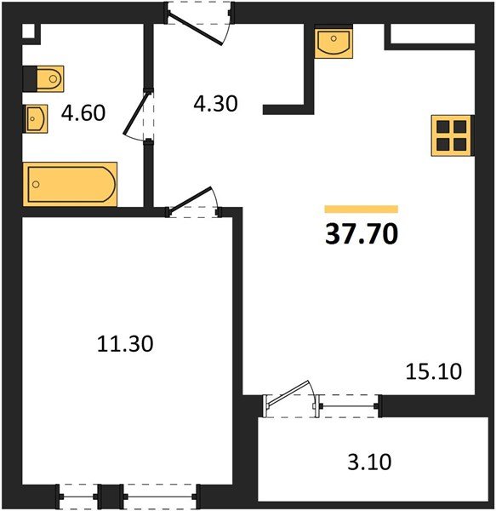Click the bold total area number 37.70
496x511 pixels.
[362, 234]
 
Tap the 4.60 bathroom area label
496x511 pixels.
[83, 112]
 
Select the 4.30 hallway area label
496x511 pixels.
[215, 104]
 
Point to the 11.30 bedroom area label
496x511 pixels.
[125, 344]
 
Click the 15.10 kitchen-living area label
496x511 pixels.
[434, 371]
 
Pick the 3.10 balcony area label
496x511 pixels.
[369, 462]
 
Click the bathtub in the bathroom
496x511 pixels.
[70, 184]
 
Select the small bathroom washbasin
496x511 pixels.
[35, 118]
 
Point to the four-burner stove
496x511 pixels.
[451, 135]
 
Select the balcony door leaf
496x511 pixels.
[288, 393]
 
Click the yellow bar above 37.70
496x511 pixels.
[362, 209]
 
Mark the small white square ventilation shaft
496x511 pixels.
[28, 32]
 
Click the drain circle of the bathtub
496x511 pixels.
[36, 185]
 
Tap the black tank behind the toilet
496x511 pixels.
[30, 79]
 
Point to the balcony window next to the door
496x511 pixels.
[349, 406]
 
